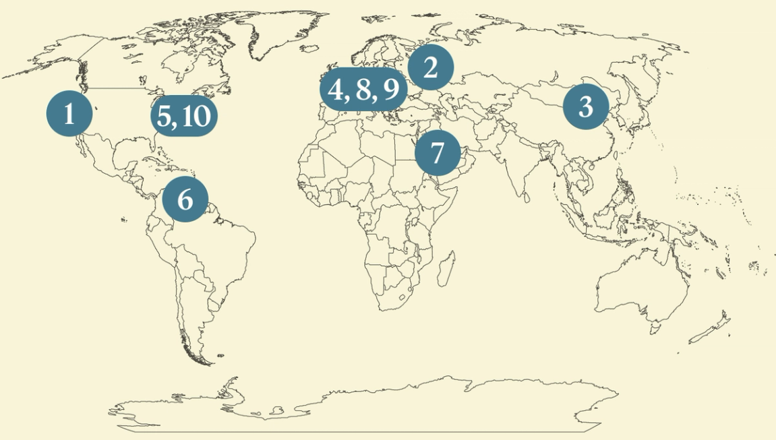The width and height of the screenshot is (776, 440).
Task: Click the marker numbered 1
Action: point(69,115)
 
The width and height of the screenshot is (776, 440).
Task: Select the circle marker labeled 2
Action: point(430,67)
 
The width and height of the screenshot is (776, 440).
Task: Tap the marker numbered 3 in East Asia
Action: point(585,106)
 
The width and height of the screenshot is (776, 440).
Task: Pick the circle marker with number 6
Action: point(185,199)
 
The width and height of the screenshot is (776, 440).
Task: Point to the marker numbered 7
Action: point(438,154)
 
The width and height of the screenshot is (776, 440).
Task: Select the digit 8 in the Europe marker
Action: point(364,90)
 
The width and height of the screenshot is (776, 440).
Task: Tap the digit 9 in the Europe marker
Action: point(391,90)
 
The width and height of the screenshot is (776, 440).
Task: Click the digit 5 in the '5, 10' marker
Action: point(164,117)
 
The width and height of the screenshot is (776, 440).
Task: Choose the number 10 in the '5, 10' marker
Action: point(196,117)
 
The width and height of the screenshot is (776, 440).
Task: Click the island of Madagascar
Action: point(444,270)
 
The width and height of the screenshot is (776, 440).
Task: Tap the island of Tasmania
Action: point(654,329)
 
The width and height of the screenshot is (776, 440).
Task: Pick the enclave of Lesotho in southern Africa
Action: point(404,296)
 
